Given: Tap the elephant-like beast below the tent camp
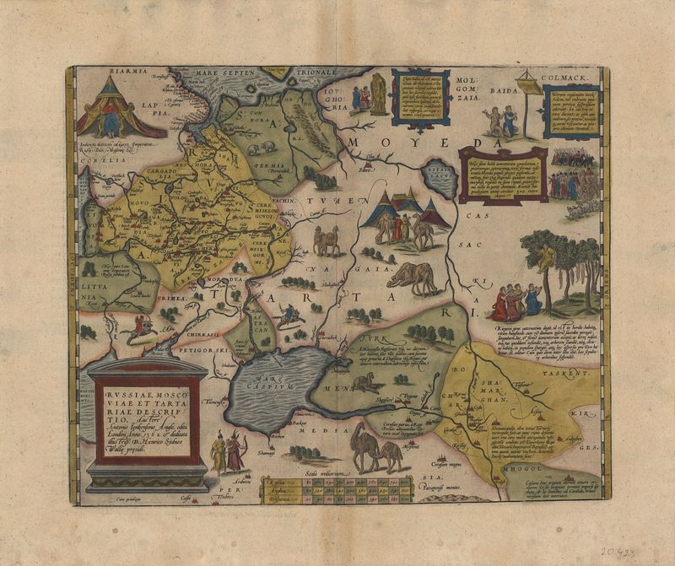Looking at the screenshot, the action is pyautogui.click(x=413, y=278).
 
